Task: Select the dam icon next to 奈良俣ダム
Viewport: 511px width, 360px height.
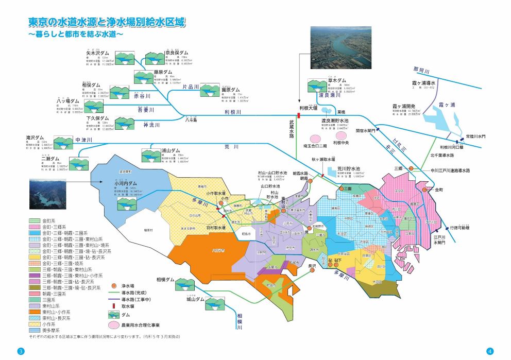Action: pos(154,58)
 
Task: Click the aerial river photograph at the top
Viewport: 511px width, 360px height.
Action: pos(340,47)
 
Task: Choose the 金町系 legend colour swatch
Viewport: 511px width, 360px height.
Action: pos(33,220)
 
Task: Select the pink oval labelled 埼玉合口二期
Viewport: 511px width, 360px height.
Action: pos(315,138)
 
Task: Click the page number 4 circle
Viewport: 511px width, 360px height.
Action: pos(490,351)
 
